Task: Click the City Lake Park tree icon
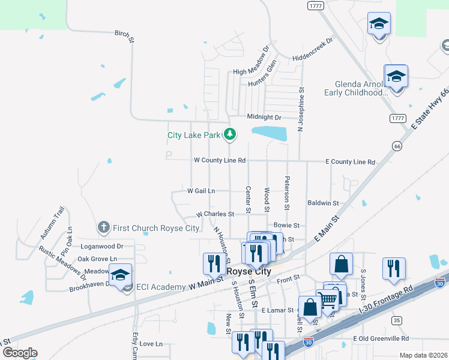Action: (229, 134)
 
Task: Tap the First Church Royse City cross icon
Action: (104, 228)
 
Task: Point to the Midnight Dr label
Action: (264, 117)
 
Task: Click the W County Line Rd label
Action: (220, 161)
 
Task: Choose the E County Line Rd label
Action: (350, 162)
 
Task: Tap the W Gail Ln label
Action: (201, 191)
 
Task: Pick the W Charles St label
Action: (215, 214)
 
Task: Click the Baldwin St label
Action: (323, 203)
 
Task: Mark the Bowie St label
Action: (286, 225)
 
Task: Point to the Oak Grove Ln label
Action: (97, 259)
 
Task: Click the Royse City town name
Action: (250, 271)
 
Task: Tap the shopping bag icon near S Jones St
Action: (341, 265)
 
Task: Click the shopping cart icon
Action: (328, 299)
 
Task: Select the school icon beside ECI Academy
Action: (120, 275)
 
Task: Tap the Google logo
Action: (20, 353)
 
